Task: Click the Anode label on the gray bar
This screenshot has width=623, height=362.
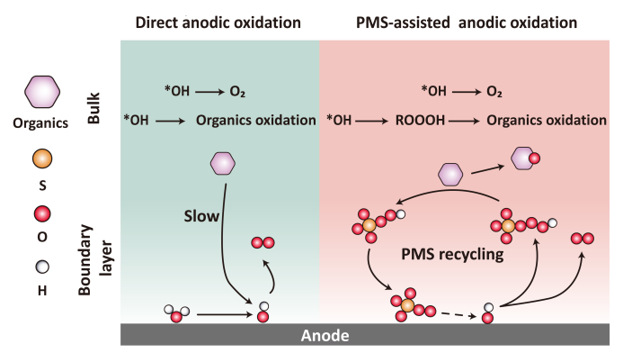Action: point(325,335)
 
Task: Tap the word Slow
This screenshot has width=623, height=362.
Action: point(201,216)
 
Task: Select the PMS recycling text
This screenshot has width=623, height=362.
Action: point(452,254)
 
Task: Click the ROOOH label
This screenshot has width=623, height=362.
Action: point(420,120)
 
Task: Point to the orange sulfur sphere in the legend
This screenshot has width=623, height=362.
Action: point(42,158)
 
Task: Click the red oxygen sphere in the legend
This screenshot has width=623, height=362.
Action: point(42,213)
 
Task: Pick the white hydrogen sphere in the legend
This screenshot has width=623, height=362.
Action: point(42,267)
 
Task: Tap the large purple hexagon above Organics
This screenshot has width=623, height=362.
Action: point(42,92)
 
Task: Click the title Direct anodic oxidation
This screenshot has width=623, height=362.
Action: point(218,23)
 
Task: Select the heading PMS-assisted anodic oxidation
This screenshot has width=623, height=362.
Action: point(467,23)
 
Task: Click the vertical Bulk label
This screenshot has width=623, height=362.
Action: point(93,108)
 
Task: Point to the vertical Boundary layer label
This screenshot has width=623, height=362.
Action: point(95,260)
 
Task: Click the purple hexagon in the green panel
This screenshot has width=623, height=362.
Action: point(223,164)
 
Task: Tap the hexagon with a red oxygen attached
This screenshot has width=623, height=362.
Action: point(525,158)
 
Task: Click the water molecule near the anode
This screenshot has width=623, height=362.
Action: point(177,313)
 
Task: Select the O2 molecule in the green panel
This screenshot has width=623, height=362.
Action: point(263,242)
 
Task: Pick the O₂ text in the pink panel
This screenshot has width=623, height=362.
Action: point(494,92)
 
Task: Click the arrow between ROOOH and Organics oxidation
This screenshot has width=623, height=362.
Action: point(464,121)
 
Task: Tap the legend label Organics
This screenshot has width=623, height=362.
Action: point(40,123)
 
